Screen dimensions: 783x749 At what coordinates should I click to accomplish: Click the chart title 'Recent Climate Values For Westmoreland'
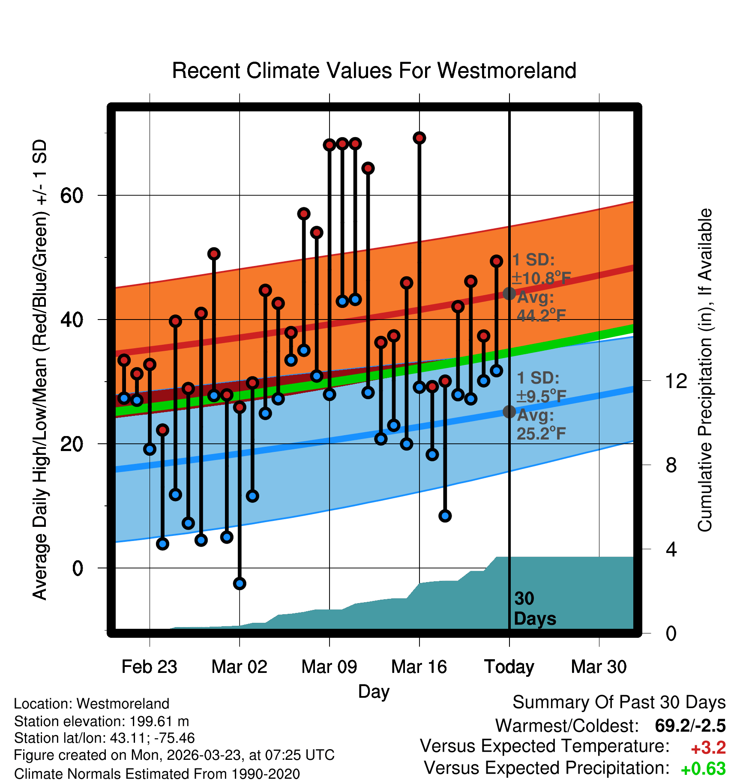(x=374, y=71)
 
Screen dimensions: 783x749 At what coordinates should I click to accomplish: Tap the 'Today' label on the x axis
(x=509, y=667)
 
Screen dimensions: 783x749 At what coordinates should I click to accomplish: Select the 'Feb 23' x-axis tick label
(x=149, y=667)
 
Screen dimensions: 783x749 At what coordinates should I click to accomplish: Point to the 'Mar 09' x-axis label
(x=329, y=667)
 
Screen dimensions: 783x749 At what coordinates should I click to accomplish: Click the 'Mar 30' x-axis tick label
(x=599, y=667)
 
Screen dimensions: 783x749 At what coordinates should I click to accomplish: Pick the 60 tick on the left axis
(x=72, y=196)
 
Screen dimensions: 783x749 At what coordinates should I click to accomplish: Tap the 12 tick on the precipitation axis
(x=676, y=381)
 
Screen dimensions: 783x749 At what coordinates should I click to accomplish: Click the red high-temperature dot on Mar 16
(x=419, y=138)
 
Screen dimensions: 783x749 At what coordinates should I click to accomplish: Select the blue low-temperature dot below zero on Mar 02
(x=240, y=583)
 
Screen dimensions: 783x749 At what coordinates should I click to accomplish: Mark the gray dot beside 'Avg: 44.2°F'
(x=509, y=293)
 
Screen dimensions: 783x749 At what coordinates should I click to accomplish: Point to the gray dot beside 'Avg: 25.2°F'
(x=509, y=412)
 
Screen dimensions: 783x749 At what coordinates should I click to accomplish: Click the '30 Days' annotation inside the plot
(x=534, y=609)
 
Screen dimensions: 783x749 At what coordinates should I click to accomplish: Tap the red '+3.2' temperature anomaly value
(x=708, y=748)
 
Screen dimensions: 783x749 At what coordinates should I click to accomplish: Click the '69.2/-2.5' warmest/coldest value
(x=690, y=726)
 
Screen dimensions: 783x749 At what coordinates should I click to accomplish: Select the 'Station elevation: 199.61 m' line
(x=102, y=721)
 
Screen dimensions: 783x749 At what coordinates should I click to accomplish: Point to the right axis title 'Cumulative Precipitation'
(x=704, y=371)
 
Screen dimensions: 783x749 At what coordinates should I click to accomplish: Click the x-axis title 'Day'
(x=374, y=692)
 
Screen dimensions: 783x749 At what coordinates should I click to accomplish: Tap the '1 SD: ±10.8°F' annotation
(x=541, y=269)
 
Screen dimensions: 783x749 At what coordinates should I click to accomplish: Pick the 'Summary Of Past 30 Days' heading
(x=619, y=702)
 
